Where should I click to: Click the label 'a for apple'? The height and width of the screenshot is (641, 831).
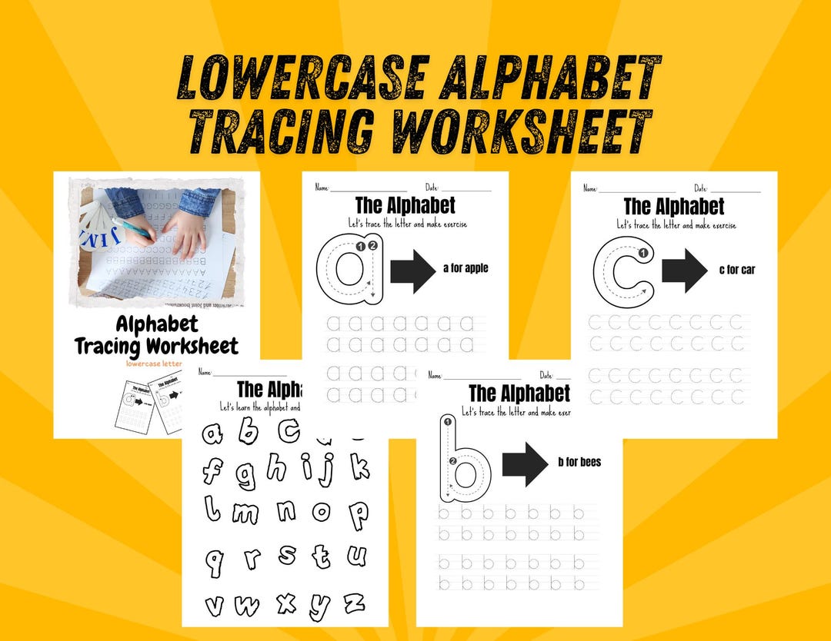(x=466, y=268)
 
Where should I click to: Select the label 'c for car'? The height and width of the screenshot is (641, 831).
(x=736, y=270)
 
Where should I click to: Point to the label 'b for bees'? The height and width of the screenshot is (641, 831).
(x=579, y=462)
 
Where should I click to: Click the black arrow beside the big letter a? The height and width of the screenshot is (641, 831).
(x=413, y=271)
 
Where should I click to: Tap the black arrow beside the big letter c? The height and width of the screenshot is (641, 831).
(x=684, y=270)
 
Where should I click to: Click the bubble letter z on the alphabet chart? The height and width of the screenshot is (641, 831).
(x=354, y=603)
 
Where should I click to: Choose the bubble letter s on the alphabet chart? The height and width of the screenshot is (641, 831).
(x=286, y=554)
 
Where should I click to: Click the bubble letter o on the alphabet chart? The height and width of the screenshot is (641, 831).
(x=321, y=510)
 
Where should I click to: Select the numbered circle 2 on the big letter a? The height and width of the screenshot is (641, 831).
(x=373, y=246)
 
